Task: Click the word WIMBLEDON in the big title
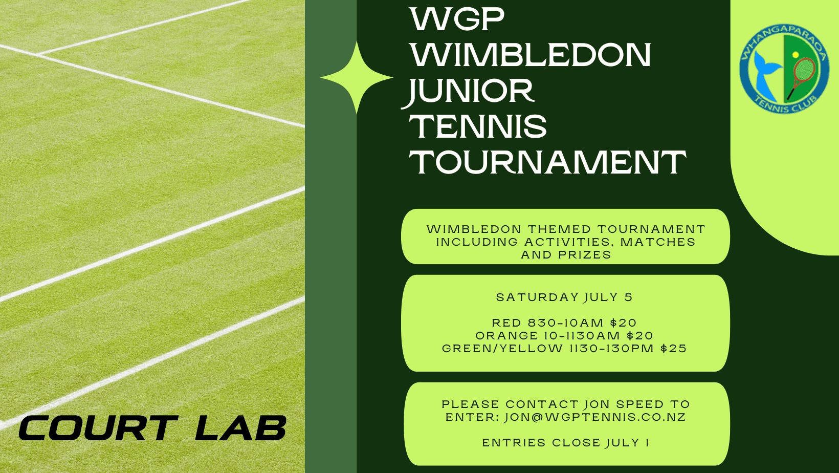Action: (531, 55)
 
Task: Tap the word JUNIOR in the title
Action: (468, 91)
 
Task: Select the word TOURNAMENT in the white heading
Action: (547, 162)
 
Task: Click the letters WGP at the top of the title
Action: (457, 19)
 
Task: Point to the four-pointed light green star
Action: (357, 78)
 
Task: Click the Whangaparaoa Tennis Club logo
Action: (784, 69)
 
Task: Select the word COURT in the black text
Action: (98, 427)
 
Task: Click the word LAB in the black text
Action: (240, 427)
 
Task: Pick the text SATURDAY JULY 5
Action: (564, 297)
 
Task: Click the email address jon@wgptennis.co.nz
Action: (595, 417)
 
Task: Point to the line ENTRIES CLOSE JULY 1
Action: (566, 443)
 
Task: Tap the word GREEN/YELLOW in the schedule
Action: (502, 348)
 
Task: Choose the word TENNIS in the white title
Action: (478, 126)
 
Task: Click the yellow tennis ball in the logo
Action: (796, 55)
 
